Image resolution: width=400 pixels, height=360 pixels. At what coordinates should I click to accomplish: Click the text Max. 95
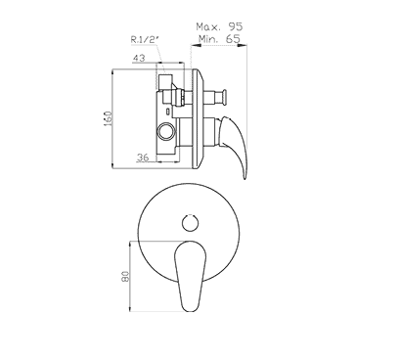click(x=219, y=26)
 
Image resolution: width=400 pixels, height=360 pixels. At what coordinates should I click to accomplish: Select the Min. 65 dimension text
click(x=219, y=39)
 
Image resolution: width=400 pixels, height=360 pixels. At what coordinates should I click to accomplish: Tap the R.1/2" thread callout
click(x=145, y=40)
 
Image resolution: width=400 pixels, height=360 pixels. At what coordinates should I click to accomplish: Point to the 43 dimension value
click(x=139, y=58)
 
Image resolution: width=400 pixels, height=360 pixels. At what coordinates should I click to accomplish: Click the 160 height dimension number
click(x=108, y=118)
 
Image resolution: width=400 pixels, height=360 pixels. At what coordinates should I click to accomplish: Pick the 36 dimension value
click(x=143, y=157)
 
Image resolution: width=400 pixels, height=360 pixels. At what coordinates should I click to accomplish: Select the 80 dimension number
click(x=125, y=276)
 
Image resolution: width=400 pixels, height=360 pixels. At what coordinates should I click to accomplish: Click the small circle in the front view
click(x=190, y=223)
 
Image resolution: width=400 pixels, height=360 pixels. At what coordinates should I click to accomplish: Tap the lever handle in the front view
click(x=191, y=276)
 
